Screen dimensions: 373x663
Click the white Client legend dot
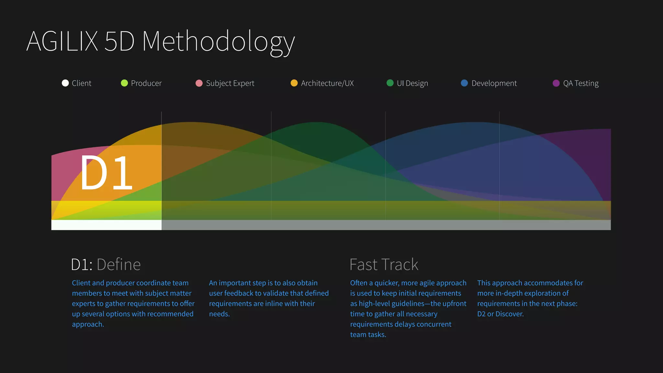click(x=65, y=83)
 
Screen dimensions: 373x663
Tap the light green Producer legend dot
click(x=124, y=83)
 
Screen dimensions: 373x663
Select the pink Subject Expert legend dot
click(x=199, y=83)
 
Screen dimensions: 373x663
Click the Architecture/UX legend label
click(x=327, y=83)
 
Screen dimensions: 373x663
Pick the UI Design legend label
click(x=412, y=83)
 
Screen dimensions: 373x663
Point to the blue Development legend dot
click(x=464, y=83)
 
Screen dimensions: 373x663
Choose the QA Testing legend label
click(x=580, y=83)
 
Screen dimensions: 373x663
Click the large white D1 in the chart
click(x=106, y=173)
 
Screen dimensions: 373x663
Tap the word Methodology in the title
click(x=218, y=41)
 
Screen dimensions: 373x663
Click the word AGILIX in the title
click(x=62, y=41)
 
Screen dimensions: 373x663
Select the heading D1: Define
click(x=106, y=265)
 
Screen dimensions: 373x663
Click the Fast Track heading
click(x=384, y=265)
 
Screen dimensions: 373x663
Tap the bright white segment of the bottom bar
click(x=106, y=225)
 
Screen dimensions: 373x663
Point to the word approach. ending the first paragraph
click(x=88, y=324)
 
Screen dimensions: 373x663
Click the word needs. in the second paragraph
click(x=219, y=314)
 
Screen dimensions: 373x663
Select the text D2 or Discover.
click(x=500, y=314)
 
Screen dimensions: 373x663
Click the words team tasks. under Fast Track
click(x=368, y=335)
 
